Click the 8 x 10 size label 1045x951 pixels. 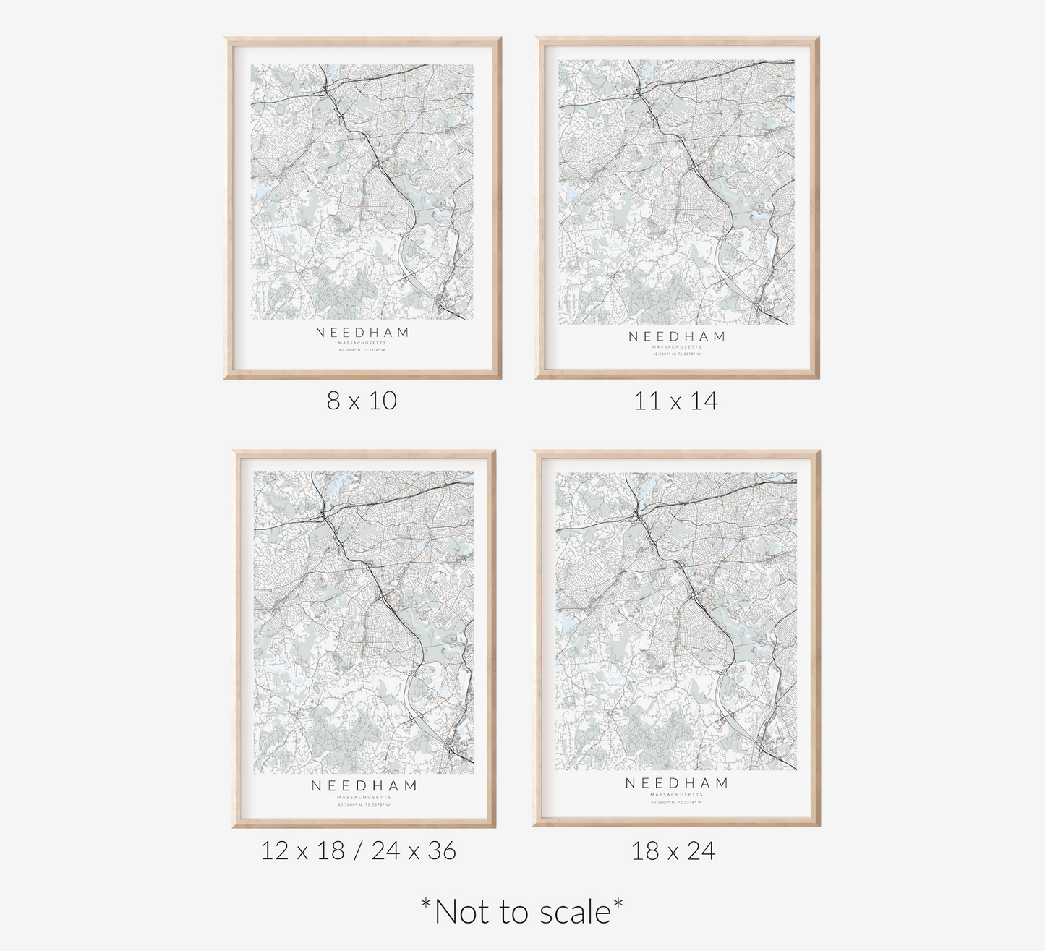[362, 400]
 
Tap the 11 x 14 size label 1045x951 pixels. [675, 400]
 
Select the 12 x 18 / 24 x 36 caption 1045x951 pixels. [359, 850]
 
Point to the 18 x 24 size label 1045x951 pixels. [673, 850]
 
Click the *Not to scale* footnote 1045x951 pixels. [522, 911]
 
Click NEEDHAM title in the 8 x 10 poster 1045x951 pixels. [362, 333]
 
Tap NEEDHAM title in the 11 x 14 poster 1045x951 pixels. [677, 336]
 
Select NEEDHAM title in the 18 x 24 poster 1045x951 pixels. [677, 783]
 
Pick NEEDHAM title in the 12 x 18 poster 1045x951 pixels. [364, 786]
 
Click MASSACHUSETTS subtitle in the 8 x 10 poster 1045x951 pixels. [362, 343]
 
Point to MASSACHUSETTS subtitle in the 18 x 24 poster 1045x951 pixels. [677, 795]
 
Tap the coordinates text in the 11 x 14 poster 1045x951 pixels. [677, 354]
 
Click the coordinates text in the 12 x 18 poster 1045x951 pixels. [364, 805]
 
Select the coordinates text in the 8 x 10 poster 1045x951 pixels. [362, 350]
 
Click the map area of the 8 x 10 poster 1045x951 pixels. [362, 192]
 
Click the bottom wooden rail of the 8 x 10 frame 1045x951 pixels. [362, 375]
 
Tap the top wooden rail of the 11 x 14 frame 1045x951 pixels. [678, 40]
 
